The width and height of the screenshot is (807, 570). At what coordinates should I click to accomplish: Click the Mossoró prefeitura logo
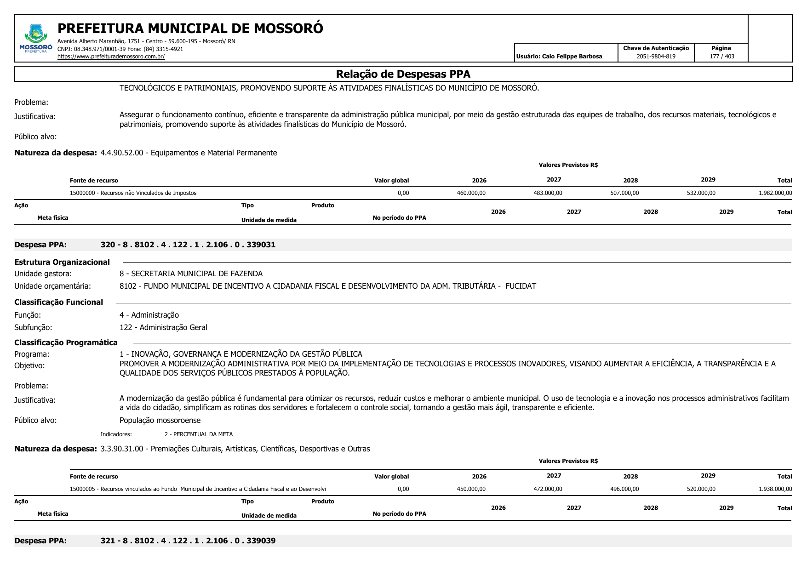pos(36,39)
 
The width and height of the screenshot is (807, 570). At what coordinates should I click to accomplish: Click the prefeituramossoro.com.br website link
pos(111,57)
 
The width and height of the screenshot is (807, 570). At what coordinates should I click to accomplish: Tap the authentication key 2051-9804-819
pos(656,57)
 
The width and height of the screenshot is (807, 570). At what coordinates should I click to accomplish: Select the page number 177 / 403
pos(721,57)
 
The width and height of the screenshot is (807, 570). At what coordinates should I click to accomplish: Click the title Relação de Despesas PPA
pos(403,74)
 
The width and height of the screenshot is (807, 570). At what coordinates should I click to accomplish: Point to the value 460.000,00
pos(471,193)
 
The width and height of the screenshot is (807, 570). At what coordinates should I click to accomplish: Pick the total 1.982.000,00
pos(775,193)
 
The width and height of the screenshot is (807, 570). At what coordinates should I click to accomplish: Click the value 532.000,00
pos(701,193)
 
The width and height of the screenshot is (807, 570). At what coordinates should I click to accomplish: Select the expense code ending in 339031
pos(188,245)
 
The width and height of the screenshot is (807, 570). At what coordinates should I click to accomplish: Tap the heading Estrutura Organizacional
pos(62,262)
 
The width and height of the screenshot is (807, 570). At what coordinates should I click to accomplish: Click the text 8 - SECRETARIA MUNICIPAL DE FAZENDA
pos(191,274)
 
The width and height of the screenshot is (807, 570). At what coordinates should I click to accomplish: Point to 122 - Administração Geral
pos(163,327)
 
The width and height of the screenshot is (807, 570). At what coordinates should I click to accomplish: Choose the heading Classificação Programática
pos(66,342)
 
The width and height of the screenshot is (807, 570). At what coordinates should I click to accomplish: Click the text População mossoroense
pos(160,420)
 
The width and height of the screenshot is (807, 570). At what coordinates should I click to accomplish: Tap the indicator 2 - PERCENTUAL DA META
pos(199,434)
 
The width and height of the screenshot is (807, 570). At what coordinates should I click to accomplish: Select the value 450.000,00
pos(471,489)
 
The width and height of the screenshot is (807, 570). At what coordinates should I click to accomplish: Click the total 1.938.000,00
pos(775,489)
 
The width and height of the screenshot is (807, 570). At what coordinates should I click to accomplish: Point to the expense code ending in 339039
pos(188,541)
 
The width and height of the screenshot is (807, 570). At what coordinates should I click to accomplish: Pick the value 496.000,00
pos(624,489)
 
